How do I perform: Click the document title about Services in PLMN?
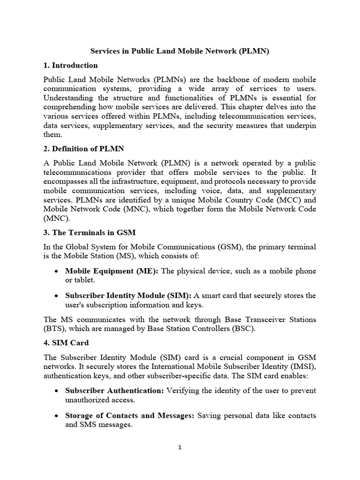[180, 52]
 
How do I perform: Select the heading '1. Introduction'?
[70, 65]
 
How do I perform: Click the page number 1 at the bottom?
[180, 447]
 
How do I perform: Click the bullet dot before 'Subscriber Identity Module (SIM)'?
[56, 296]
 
